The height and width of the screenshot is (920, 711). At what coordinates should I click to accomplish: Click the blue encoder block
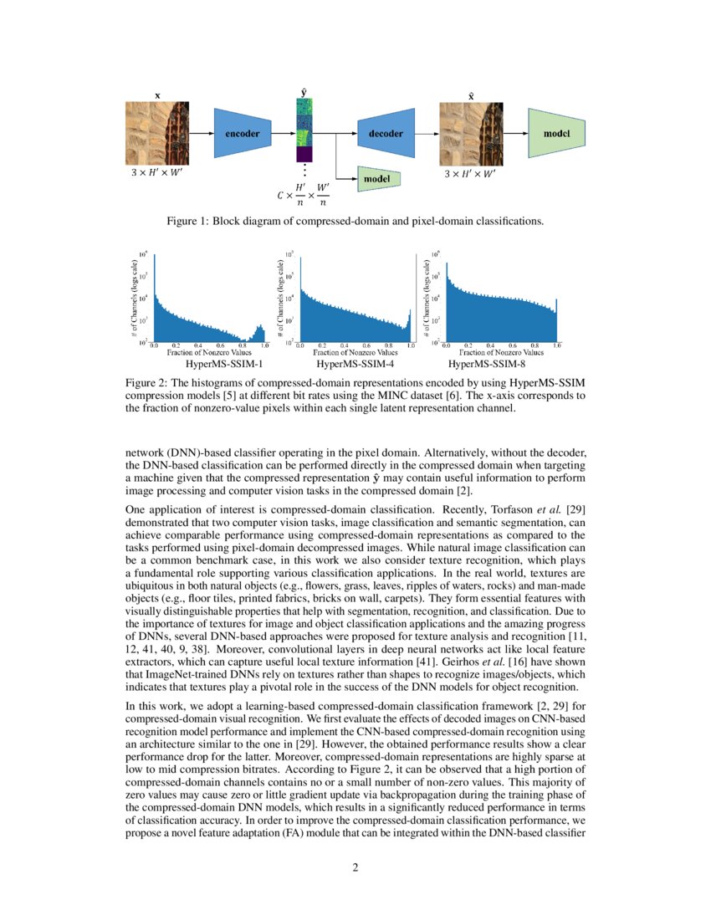(x=243, y=133)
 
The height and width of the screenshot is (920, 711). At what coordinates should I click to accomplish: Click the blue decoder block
(x=386, y=133)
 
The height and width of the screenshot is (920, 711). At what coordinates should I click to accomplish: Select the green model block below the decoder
(x=379, y=177)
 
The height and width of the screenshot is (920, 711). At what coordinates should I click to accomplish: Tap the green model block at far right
(x=556, y=133)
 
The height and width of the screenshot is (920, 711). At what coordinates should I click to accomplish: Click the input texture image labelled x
(x=155, y=133)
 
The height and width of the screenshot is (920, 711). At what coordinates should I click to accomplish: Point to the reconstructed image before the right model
(x=470, y=133)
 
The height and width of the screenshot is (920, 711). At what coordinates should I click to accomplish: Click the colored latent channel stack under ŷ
(x=303, y=130)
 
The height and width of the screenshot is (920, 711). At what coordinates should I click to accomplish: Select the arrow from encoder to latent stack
(x=283, y=133)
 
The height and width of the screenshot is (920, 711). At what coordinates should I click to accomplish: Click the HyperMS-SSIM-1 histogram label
(x=219, y=365)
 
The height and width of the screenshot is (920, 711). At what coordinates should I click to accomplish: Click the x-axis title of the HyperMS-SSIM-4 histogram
(x=354, y=354)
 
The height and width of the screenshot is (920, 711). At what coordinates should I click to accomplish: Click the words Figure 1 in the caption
(x=191, y=222)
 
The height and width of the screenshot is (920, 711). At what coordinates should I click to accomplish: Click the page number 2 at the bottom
(x=355, y=867)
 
